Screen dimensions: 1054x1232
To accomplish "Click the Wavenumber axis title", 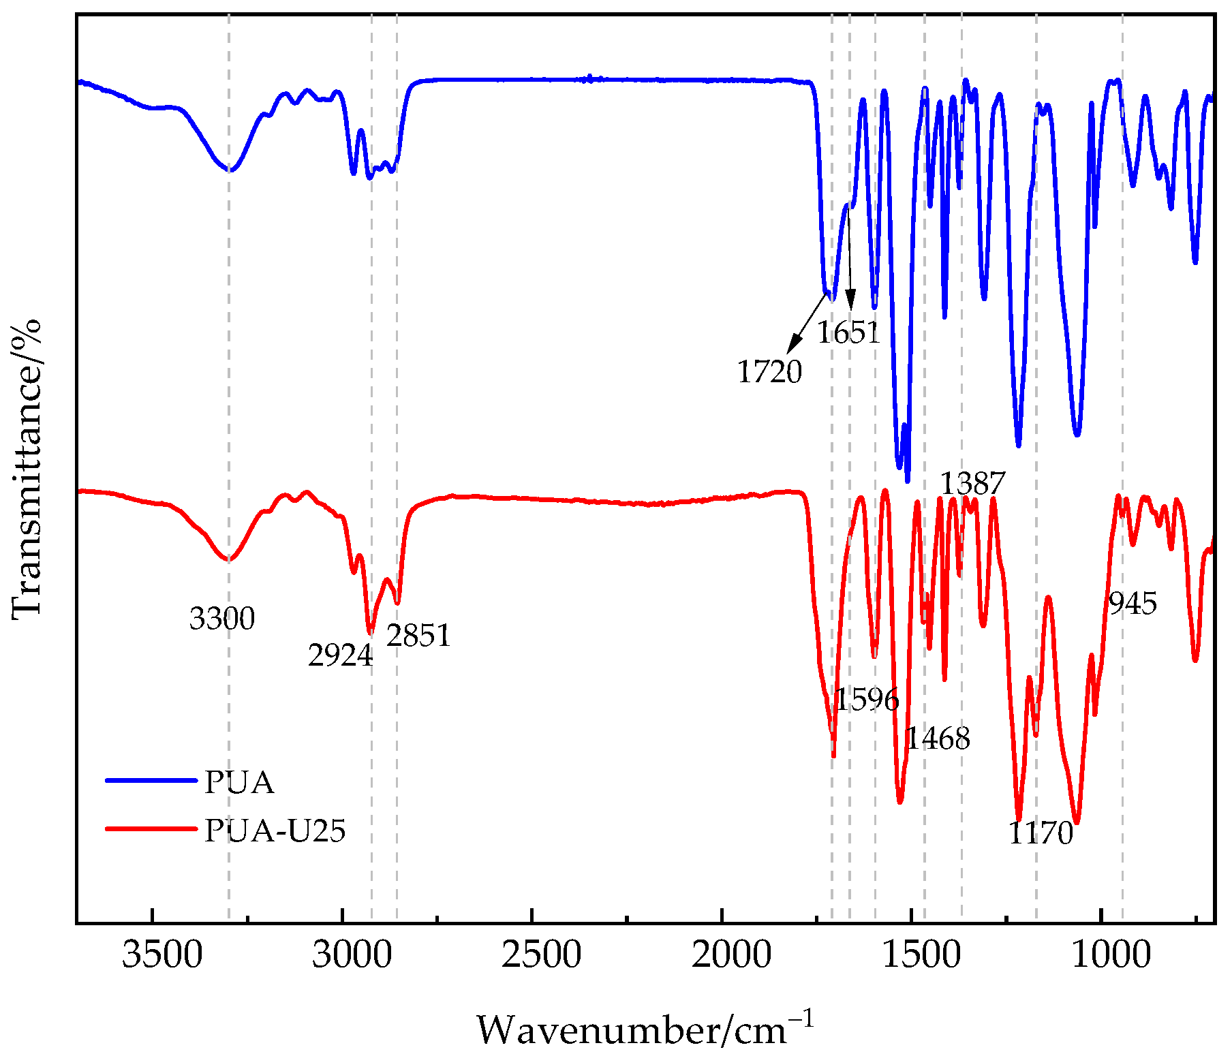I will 644,1029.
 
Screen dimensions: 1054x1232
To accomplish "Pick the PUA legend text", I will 239,783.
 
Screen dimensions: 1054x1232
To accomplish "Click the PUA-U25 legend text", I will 275,831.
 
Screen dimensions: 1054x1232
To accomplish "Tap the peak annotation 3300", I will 222,619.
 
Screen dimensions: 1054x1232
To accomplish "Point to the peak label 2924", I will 340,655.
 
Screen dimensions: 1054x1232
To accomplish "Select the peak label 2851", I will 418,636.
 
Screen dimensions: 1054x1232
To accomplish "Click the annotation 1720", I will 769,372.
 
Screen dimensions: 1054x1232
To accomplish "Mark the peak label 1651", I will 848,332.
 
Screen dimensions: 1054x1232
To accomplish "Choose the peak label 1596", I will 867,699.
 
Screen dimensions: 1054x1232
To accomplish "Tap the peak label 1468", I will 938,738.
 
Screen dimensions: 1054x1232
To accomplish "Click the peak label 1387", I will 972,484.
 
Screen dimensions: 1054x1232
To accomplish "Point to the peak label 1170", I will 1041,833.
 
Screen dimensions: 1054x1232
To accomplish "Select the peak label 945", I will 1133,604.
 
